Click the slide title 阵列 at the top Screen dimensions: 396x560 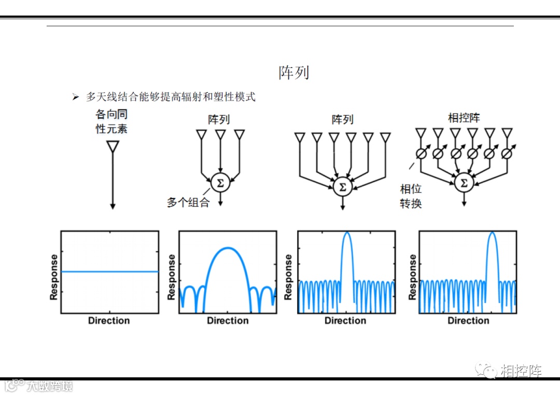click(293, 72)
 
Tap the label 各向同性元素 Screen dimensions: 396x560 click(111, 121)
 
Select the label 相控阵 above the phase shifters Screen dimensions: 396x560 click(464, 117)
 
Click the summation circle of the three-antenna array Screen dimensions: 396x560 click(220, 183)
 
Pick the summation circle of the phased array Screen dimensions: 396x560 click(464, 183)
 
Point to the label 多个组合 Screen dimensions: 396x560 click(188, 202)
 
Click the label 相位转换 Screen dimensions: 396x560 click(411, 196)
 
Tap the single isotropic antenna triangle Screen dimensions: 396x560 click(113, 147)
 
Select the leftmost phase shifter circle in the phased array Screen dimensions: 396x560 click(422, 154)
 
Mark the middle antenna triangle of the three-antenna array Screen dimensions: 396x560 click(220, 135)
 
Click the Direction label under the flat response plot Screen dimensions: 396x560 click(109, 320)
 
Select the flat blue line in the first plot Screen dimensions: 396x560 click(109, 271)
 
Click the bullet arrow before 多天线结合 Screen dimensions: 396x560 click(76, 97)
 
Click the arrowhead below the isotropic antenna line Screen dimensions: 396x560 click(113, 207)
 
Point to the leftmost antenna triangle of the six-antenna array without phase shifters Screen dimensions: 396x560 click(299, 138)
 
